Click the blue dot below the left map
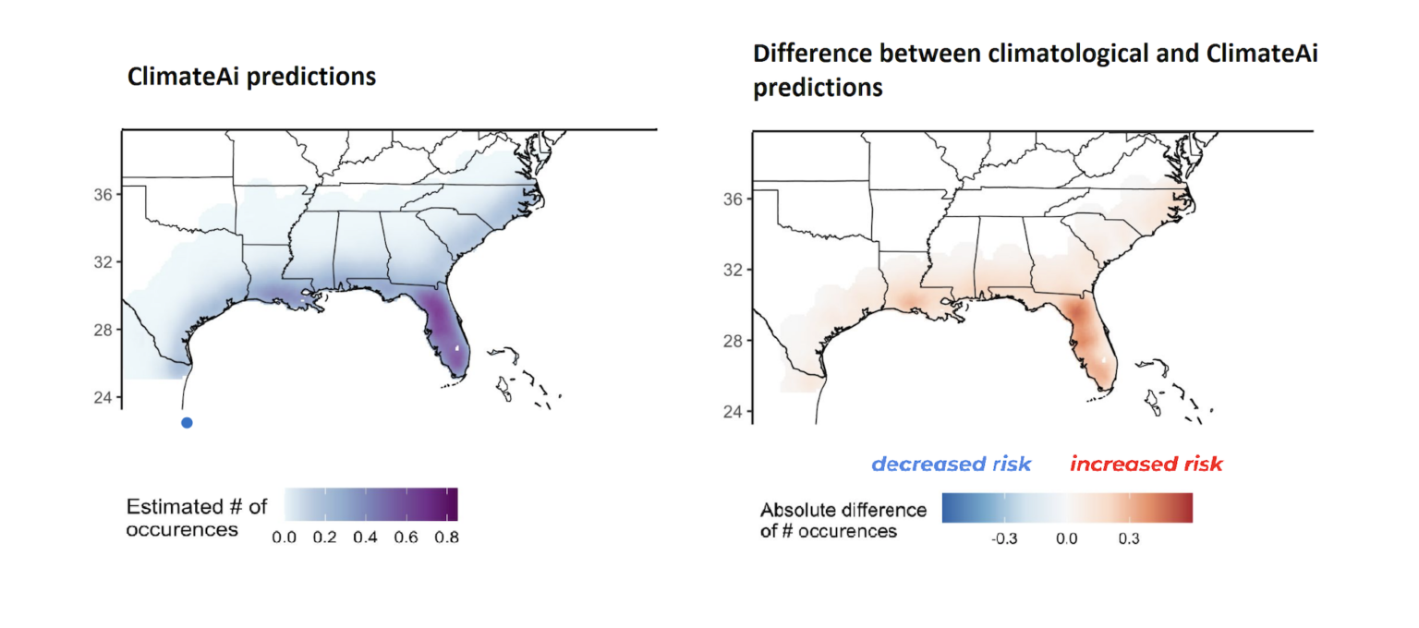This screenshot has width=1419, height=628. [187, 423]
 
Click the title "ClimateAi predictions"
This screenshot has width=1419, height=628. [251, 77]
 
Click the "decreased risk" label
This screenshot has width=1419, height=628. [952, 464]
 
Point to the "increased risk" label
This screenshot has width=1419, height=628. [1146, 464]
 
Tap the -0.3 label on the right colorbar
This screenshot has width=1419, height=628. [1003, 538]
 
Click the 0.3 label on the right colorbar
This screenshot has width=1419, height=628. [1128, 538]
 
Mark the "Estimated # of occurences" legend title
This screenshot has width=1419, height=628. [196, 517]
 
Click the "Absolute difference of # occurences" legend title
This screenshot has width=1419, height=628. [842, 521]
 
